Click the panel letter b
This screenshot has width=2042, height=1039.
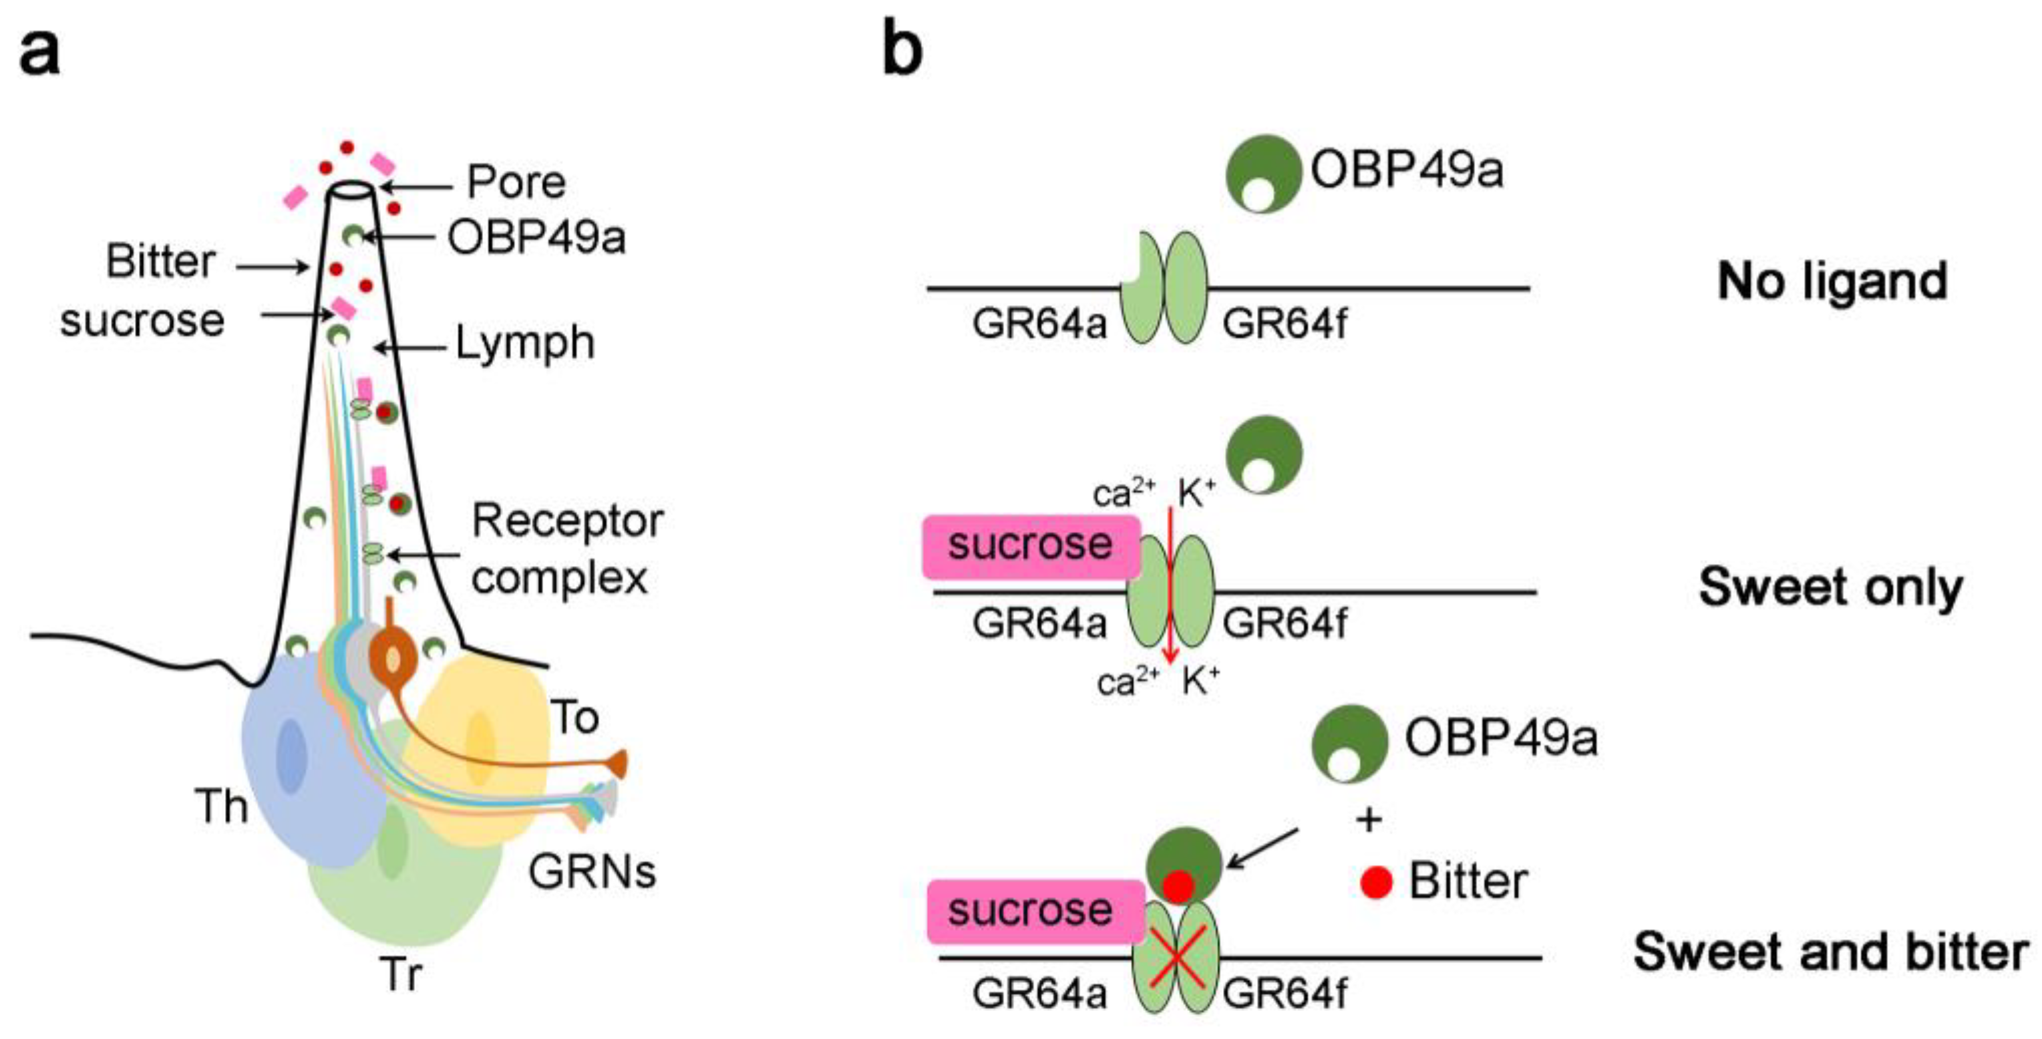(x=903, y=49)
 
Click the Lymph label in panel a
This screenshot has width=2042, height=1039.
(x=525, y=344)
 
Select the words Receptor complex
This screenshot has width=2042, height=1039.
(x=566, y=549)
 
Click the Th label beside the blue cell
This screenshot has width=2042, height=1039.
(x=221, y=807)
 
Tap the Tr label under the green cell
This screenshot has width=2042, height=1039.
(x=402, y=974)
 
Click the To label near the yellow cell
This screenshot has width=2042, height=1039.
(x=574, y=718)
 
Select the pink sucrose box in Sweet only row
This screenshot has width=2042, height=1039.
(x=1031, y=546)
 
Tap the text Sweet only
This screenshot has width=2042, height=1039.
(x=1830, y=588)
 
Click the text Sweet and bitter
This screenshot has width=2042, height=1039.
(x=1830, y=951)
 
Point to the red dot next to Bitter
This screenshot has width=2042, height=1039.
(x=1376, y=882)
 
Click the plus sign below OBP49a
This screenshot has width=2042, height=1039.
(x=1369, y=819)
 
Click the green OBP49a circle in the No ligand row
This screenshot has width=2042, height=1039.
(x=1264, y=173)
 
